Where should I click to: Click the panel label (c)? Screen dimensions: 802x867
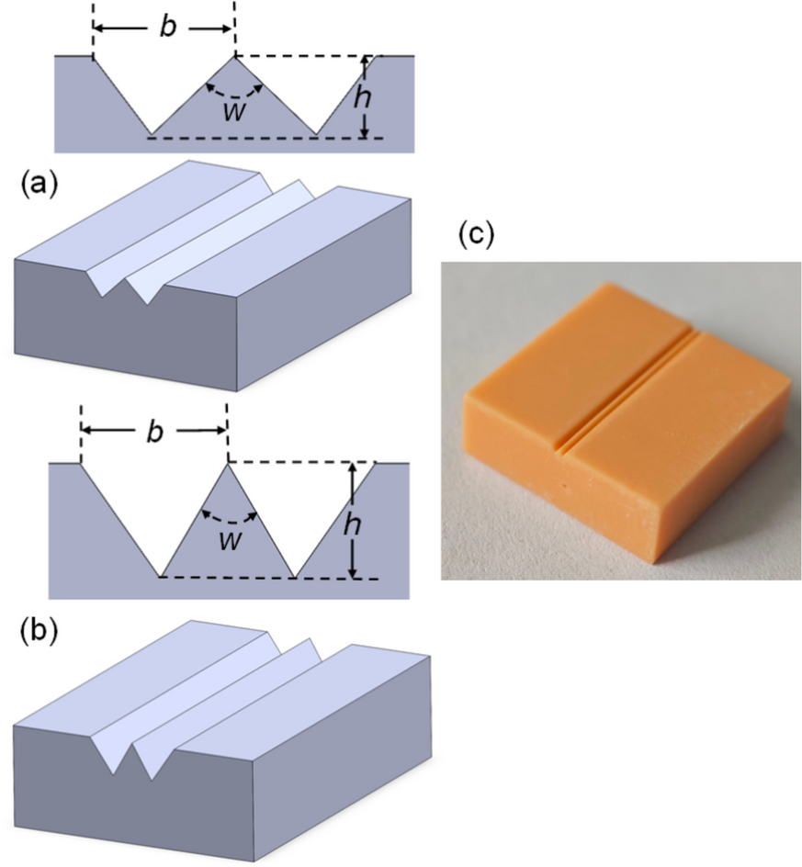pos(476,234)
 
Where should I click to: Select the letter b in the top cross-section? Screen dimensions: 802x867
pos(165,28)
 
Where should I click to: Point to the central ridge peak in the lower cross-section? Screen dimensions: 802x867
pos(227,464)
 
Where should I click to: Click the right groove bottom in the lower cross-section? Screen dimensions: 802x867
pos(294,577)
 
